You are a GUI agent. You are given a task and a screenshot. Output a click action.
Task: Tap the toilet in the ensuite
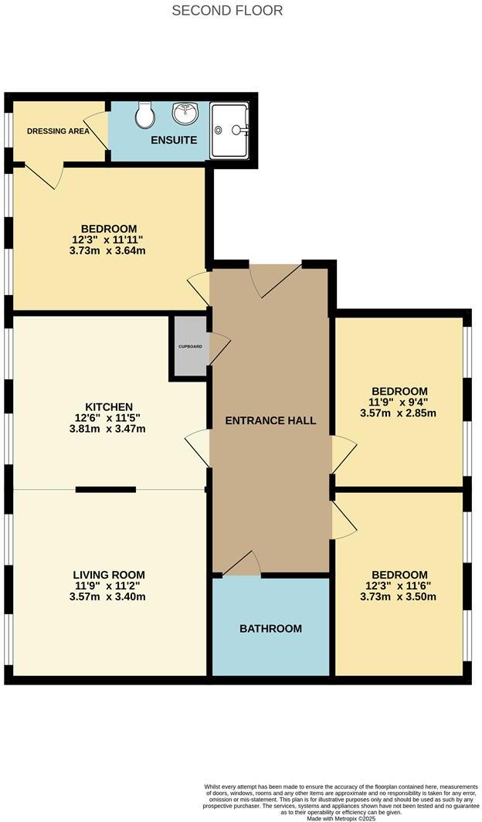point(144,116)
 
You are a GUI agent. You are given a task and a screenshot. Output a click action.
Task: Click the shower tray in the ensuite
point(229,130)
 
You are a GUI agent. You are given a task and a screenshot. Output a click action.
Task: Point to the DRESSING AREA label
point(58,131)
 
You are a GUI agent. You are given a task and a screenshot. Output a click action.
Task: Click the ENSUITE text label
point(174,140)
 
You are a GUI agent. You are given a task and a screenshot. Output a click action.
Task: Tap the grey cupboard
point(190,346)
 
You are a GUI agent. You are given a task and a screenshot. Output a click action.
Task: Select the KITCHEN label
point(109,407)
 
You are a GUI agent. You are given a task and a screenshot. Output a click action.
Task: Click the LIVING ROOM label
point(109,575)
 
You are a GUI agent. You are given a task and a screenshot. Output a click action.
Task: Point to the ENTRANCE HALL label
point(270,420)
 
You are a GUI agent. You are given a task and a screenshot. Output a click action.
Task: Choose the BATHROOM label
point(270,629)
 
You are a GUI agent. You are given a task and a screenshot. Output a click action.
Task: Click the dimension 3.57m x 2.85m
point(398,413)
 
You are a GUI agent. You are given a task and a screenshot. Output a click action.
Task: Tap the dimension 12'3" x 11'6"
point(399,586)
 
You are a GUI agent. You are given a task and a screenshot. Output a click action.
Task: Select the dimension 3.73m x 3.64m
point(109,250)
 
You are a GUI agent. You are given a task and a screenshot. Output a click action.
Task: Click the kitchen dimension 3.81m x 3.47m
point(109,429)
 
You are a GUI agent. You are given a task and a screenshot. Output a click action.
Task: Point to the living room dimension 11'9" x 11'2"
point(109,586)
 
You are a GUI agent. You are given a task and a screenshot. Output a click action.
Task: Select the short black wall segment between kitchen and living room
point(106,489)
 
